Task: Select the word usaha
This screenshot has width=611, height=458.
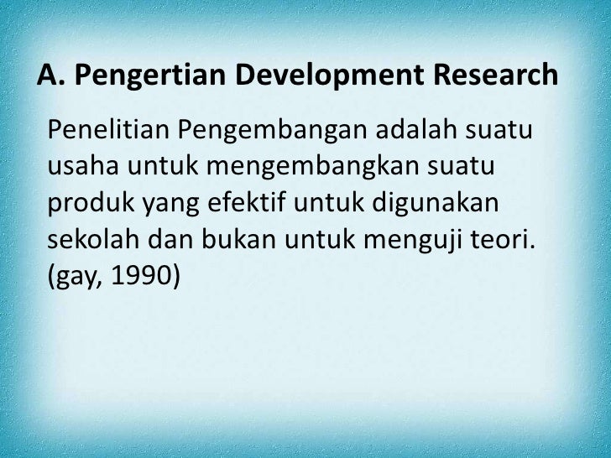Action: click(x=83, y=167)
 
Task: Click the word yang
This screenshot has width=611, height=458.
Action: click(x=166, y=205)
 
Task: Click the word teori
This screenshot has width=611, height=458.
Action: click(x=513, y=241)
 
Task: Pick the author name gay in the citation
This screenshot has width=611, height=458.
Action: click(x=76, y=279)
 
